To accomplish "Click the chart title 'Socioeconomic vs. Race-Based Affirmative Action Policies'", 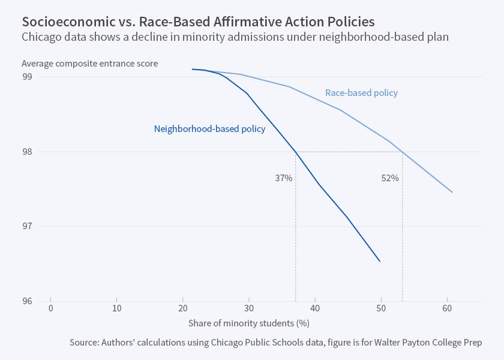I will pyautogui.click(x=198, y=22).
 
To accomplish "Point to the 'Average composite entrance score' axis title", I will pyautogui.click(x=89, y=63).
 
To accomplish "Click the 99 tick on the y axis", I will pyautogui.click(x=28, y=77).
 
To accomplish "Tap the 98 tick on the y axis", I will pyautogui.click(x=28, y=152).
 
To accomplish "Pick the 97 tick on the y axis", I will pyautogui.click(x=28, y=226).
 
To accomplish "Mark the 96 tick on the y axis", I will pyautogui.click(x=28, y=301).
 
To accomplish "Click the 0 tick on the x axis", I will pyautogui.click(x=51, y=308).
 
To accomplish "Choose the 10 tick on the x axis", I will pyautogui.click(x=117, y=308).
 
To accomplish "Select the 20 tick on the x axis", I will pyautogui.click(x=183, y=308).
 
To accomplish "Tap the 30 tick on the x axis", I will pyautogui.click(x=249, y=308).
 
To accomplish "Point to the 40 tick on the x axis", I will pyautogui.click(x=315, y=308).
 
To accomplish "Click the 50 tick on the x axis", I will pyautogui.click(x=381, y=308).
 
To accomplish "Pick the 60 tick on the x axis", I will pyautogui.click(x=447, y=308).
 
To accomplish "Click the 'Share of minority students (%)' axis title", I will pyautogui.click(x=248, y=323).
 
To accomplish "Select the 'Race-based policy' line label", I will pyautogui.click(x=361, y=93).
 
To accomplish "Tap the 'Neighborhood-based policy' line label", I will pyautogui.click(x=209, y=129).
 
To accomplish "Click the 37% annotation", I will pyautogui.click(x=284, y=178).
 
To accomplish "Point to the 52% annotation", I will pyautogui.click(x=390, y=178).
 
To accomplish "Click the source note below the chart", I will pyautogui.click(x=275, y=343).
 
